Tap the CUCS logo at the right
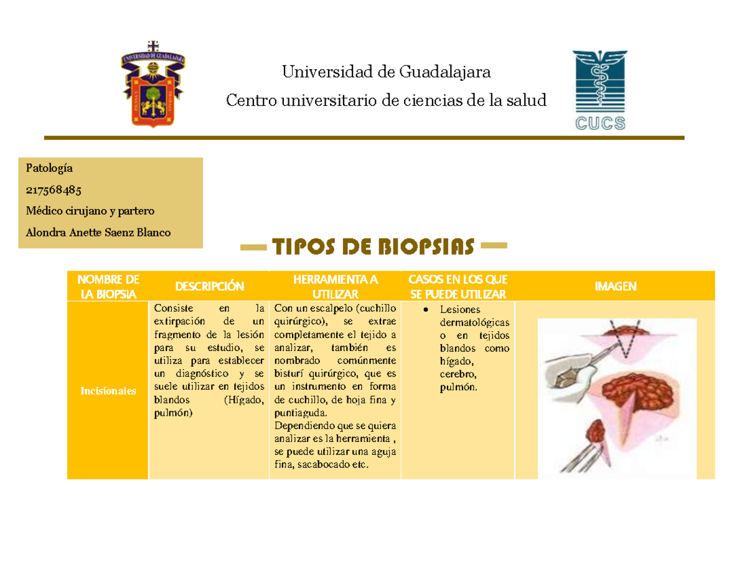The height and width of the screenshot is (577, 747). [x=599, y=91]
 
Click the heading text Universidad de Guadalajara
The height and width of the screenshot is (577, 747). [x=387, y=72]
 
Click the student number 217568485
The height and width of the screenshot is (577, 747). [x=53, y=189]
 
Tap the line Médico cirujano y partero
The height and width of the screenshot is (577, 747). [x=85, y=210]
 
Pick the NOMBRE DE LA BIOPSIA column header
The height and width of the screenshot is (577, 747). [x=108, y=286]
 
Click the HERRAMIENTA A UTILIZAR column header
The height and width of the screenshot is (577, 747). [x=336, y=286]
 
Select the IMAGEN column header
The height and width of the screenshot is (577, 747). [x=615, y=286]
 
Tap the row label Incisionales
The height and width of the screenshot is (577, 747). [x=108, y=391]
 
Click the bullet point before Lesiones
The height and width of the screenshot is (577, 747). [x=424, y=310]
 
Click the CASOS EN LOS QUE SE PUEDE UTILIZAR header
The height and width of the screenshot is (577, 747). [x=458, y=286]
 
